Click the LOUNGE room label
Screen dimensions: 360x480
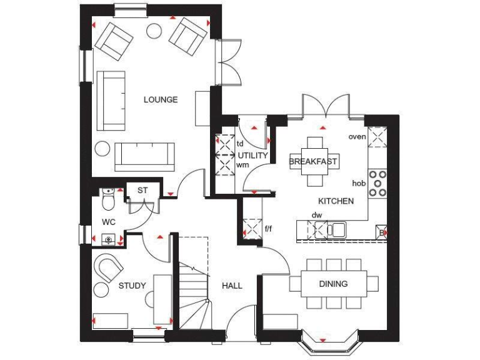click(x=161, y=99)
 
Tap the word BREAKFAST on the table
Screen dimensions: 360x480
click(x=313, y=161)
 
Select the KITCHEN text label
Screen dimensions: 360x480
click(x=336, y=201)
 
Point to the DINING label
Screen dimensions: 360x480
click(x=333, y=284)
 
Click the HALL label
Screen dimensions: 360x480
click(x=232, y=286)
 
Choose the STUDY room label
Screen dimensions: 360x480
click(x=132, y=286)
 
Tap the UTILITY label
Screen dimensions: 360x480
click(x=252, y=156)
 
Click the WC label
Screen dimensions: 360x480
click(x=109, y=222)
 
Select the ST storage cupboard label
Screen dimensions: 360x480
click(x=142, y=190)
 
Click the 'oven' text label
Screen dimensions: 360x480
click(x=357, y=136)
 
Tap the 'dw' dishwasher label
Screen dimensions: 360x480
click(x=317, y=216)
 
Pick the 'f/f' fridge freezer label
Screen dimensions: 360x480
click(x=268, y=229)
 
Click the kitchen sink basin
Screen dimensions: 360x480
click(x=337, y=230)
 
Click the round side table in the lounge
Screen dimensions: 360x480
click(x=102, y=149)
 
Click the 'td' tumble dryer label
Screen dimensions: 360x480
click(x=239, y=143)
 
